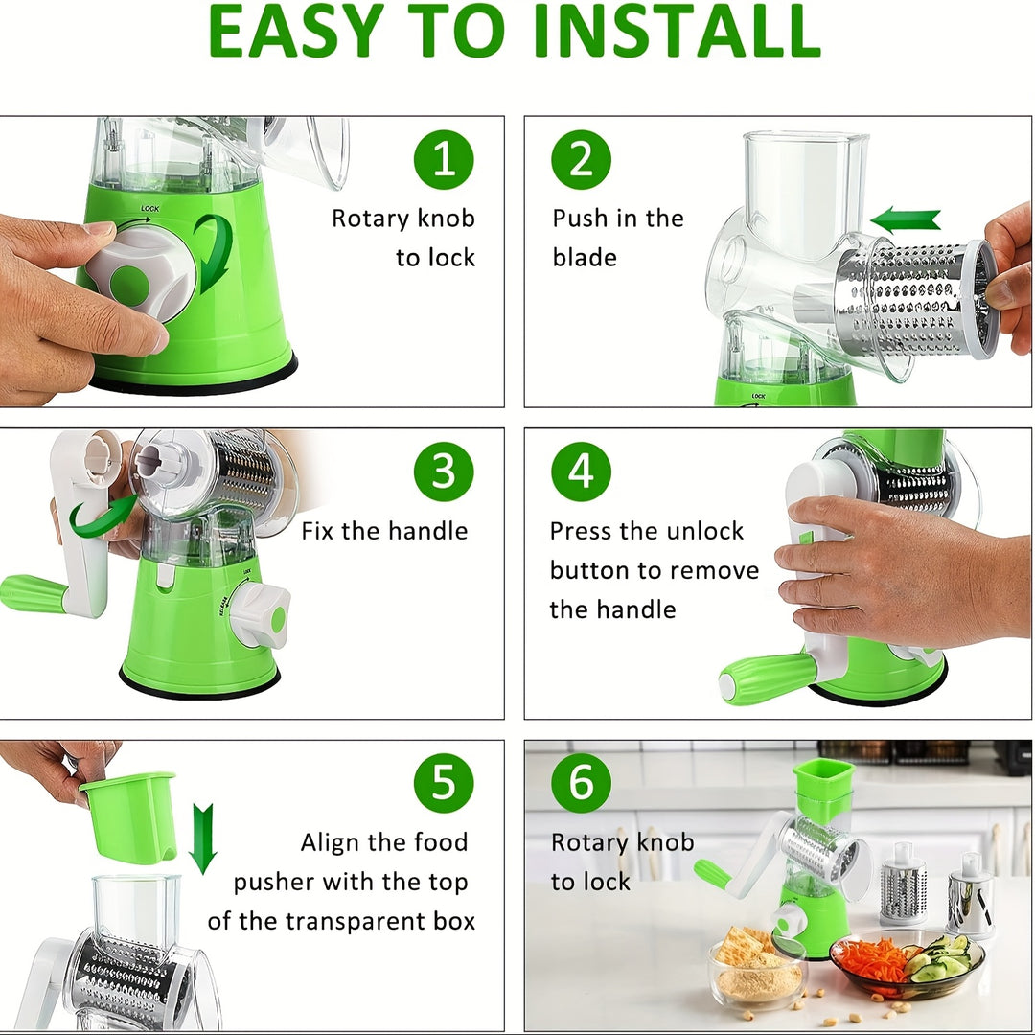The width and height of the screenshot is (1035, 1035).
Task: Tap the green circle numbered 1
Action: (444, 160)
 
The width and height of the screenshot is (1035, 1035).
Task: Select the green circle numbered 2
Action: (581, 160)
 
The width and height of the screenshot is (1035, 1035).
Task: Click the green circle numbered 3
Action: (444, 471)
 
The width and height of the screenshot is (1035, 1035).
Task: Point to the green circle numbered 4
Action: (581, 471)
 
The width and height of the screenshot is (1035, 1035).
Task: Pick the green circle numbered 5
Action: (444, 784)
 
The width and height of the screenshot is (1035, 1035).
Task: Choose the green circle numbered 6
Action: (581, 784)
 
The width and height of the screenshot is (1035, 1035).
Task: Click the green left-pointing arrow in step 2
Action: (905, 219)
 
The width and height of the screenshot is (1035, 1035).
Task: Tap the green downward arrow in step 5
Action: (202, 839)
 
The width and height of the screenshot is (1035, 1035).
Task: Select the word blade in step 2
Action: (585, 258)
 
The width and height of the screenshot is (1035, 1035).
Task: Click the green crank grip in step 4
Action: (766, 678)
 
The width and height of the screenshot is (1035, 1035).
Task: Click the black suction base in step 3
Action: (199, 685)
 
